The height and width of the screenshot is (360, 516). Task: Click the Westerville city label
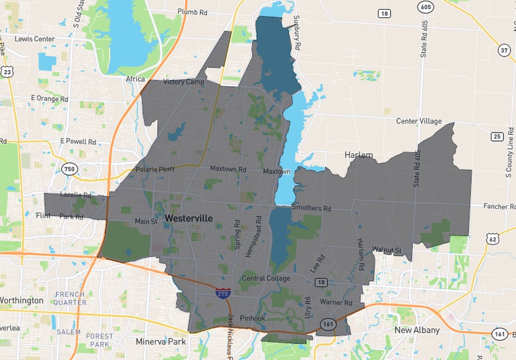tap(189, 218)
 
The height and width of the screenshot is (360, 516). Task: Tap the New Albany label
tap(416, 330)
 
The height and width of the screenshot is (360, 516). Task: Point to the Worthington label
tap(22, 300)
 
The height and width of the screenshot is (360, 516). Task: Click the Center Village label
tap(419, 121)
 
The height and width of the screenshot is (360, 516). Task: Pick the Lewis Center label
tap(35, 39)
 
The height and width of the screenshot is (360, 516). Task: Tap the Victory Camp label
tap(184, 82)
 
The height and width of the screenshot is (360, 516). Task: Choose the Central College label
tap(266, 278)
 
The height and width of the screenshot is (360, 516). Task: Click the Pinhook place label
tap(252, 318)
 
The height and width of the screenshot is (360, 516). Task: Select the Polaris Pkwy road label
tap(155, 169)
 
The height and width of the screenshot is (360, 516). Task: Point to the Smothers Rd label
tap(311, 208)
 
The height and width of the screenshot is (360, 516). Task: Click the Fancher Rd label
tap(499, 206)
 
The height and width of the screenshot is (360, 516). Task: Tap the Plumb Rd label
tap(193, 12)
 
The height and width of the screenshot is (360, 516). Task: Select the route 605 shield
tap(425, 7)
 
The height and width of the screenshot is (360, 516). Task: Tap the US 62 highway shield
tap(492, 239)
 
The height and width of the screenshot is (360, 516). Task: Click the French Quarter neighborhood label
tap(70, 298)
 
